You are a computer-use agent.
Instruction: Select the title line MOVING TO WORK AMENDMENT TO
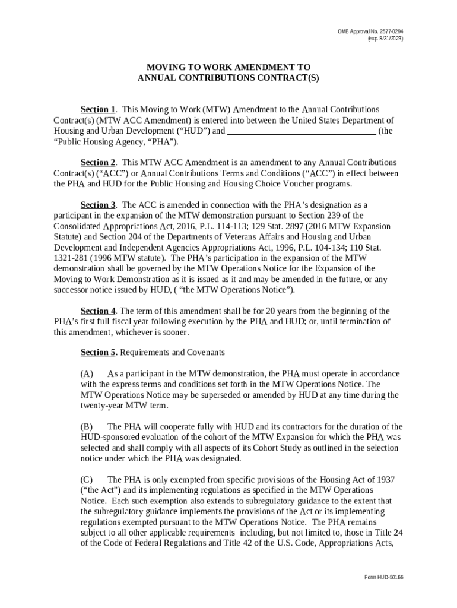point(228,68)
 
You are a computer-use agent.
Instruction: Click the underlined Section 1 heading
point(98,110)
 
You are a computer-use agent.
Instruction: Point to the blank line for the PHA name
point(302,131)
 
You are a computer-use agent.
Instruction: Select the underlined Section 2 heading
point(98,163)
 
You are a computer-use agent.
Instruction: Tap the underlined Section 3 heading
point(98,205)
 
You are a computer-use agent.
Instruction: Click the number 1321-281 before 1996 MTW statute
point(72,258)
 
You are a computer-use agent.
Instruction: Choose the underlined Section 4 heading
point(98,311)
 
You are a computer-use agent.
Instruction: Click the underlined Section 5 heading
point(99,353)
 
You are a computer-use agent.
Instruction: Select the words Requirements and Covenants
point(173,353)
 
